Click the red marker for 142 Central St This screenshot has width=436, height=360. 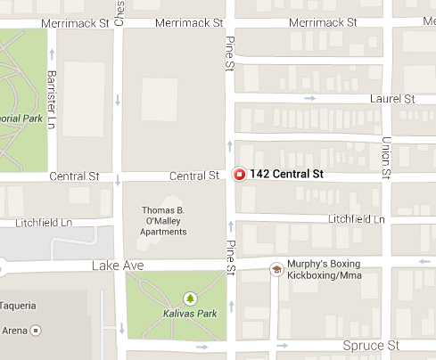(239, 175)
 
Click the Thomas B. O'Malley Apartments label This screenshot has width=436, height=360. (164, 221)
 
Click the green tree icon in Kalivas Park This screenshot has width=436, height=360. (189, 298)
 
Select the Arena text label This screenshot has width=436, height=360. (12, 329)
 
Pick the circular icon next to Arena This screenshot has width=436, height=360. (36, 330)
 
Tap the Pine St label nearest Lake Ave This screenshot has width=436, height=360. (229, 257)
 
